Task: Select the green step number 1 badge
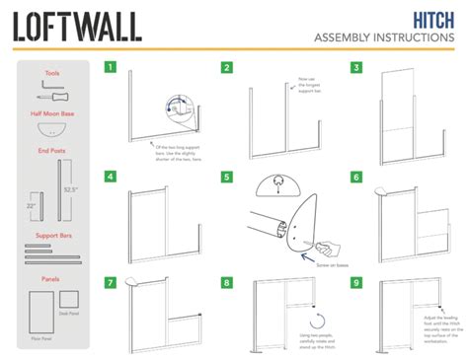coord(112,68)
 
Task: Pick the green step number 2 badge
coord(227,68)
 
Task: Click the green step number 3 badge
coord(355,68)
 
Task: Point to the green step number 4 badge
coord(112,177)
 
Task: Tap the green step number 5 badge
coord(227,177)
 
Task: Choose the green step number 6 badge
coord(355,177)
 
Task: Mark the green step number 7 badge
coord(112,283)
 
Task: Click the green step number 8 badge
coord(227,283)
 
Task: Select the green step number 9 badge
coord(355,283)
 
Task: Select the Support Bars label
coord(54,237)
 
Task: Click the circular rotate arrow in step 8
coord(318,322)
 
